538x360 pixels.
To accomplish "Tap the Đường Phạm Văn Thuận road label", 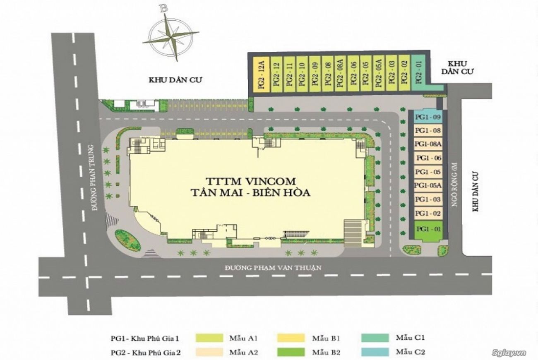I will coord(273,267).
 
